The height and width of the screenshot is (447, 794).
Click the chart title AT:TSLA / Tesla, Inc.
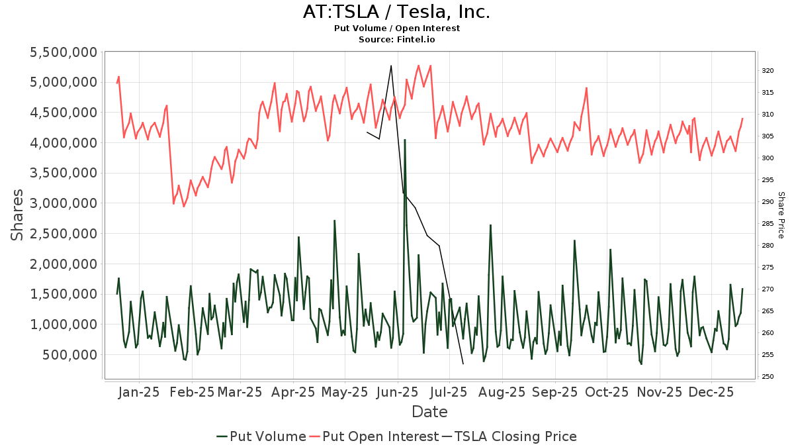click(396, 13)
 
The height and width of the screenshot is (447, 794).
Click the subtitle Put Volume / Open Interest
click(396, 28)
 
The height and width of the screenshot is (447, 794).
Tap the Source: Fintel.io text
click(396, 40)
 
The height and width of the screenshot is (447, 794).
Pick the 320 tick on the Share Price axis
click(768, 70)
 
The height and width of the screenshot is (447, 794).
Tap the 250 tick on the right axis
click(768, 377)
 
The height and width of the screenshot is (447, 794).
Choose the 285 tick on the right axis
click(768, 224)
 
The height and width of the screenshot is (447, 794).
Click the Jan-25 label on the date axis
click(139, 392)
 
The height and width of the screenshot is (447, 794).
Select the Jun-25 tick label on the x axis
click(397, 392)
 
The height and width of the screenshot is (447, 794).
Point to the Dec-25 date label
click(711, 392)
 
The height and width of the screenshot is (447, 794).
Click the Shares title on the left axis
click(18, 215)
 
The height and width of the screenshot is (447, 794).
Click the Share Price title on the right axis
click(781, 215)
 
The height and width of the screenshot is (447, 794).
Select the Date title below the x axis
click(429, 412)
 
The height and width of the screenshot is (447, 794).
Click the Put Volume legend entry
click(261, 436)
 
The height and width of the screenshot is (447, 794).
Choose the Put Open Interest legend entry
click(375, 436)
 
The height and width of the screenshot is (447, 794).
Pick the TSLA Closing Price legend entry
click(509, 436)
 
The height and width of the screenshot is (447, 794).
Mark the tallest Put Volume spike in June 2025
click(404, 140)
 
